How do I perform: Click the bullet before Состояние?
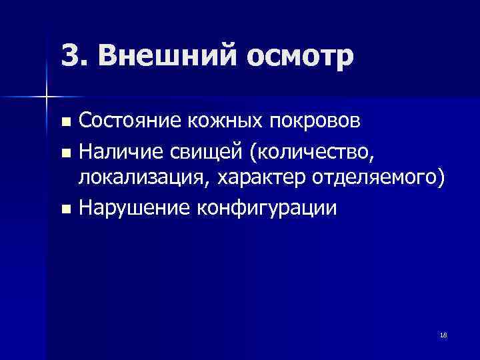pyautogui.click(x=65, y=123)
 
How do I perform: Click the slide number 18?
pyautogui.click(x=443, y=335)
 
